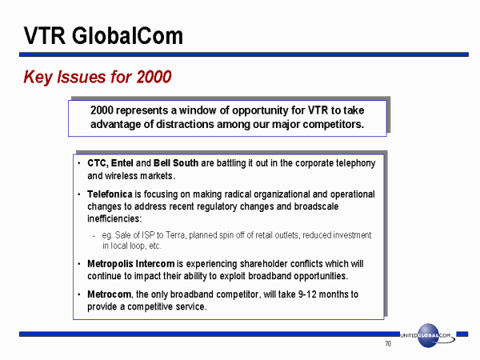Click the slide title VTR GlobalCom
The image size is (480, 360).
[x=103, y=36]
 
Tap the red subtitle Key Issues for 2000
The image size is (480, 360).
[x=98, y=77]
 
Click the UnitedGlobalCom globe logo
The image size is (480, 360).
[x=428, y=335]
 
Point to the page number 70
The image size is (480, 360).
[x=388, y=344]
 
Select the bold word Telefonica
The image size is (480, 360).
[x=110, y=194]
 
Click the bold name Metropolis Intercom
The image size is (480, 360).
[x=130, y=263]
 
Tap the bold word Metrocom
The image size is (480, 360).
[x=109, y=294]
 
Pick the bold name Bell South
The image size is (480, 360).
[x=176, y=163]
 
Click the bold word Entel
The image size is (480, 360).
[x=122, y=163]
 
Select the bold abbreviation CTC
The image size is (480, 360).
[x=98, y=163]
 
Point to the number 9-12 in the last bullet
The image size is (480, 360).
[x=307, y=294]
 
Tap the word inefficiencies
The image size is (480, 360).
[x=114, y=218]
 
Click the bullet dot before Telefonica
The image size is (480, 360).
[x=79, y=194]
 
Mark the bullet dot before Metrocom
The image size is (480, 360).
[x=79, y=294]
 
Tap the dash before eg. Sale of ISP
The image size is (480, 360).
[x=94, y=236]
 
